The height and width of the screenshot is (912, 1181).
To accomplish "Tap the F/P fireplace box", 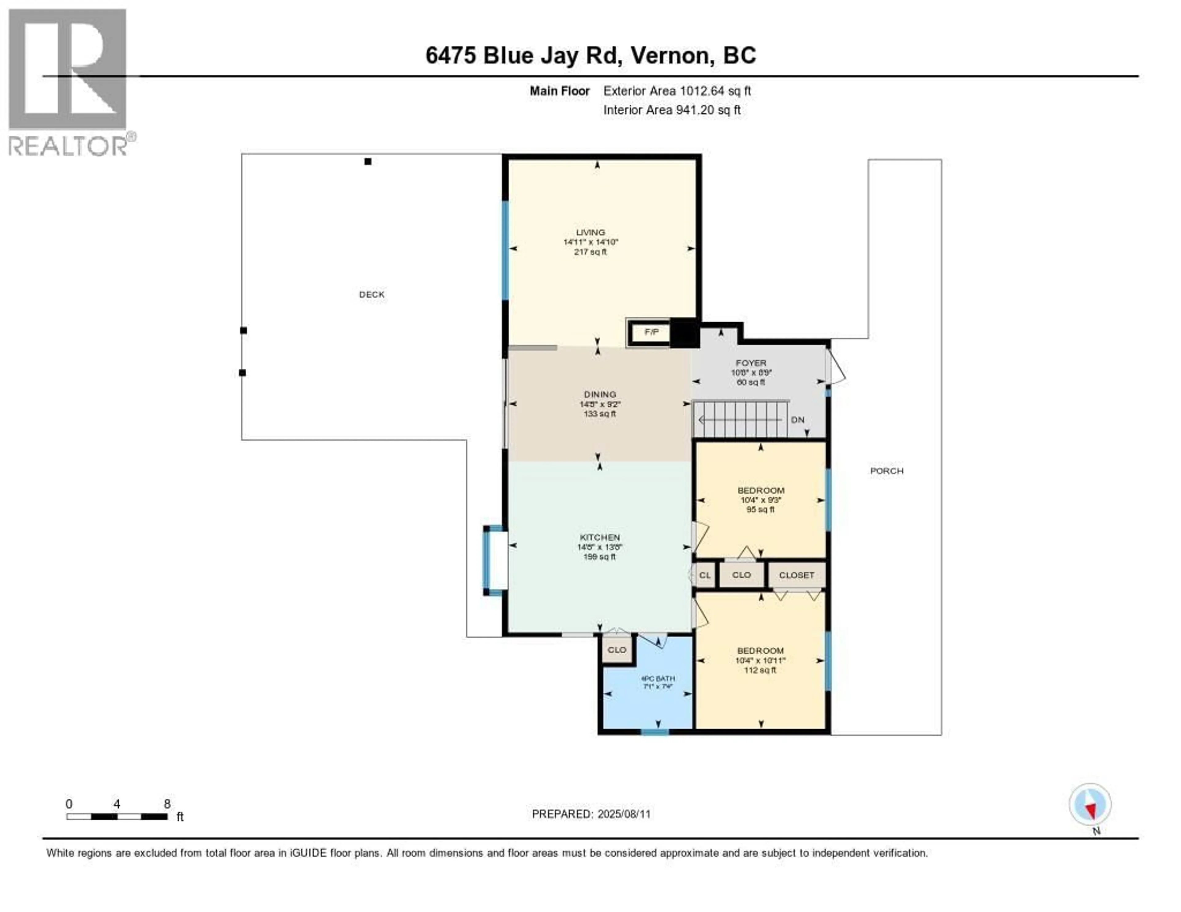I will coord(651,332).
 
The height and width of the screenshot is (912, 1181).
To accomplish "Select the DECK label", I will coord(372,295).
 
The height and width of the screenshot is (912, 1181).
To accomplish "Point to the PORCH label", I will coord(886,471).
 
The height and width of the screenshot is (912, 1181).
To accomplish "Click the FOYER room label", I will coord(750,363).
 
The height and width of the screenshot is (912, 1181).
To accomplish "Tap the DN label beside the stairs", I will coord(797,419).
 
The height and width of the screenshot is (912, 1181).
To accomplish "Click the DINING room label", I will coord(600,395).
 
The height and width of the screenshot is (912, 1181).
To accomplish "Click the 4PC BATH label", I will coord(658,678).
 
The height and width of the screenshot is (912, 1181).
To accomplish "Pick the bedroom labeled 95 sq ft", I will coord(760,500).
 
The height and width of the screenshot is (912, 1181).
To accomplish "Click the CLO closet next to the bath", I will coord(616,650).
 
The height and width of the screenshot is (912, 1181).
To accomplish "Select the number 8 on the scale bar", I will coord(167,804).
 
